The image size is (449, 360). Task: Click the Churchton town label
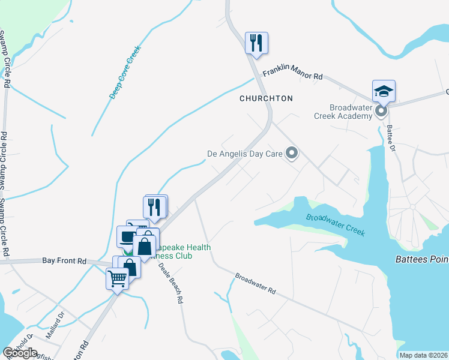(266, 98)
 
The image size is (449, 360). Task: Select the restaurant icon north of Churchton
(256, 43)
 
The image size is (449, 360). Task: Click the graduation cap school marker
(384, 92)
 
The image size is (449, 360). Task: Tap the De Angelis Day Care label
(245, 154)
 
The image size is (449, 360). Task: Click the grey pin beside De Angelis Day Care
(292, 154)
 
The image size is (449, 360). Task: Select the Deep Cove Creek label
(124, 73)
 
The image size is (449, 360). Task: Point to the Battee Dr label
(391, 138)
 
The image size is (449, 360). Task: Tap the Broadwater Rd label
(255, 283)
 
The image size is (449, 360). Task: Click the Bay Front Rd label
(64, 261)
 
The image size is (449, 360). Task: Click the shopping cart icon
(117, 278)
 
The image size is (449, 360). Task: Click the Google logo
(20, 353)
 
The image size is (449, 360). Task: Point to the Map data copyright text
(424, 355)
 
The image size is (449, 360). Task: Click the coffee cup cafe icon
(127, 235)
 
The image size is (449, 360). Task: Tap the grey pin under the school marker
(381, 112)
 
